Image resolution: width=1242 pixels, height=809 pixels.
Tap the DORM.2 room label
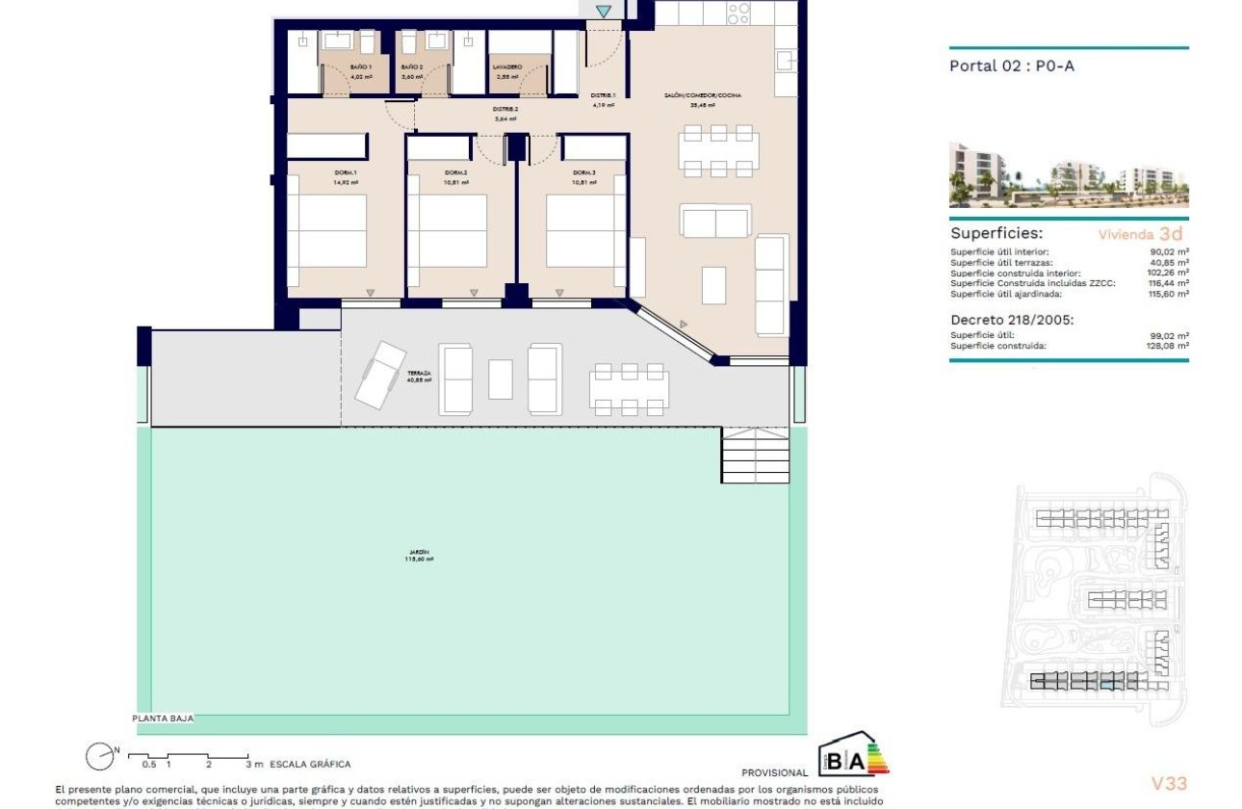tap(455, 173)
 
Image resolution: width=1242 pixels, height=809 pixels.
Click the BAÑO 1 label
tap(333, 66)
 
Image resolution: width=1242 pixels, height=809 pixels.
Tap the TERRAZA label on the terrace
tap(419, 373)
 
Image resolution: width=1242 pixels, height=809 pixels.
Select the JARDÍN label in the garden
tap(419, 554)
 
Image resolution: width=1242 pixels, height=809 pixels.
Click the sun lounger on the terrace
tap(379, 374)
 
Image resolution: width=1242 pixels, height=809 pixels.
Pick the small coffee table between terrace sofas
tap(501, 378)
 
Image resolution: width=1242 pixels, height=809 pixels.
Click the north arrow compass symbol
tap(98, 757)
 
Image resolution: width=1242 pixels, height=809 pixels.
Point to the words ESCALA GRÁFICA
tap(310, 764)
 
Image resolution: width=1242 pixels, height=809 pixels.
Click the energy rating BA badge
tap(851, 759)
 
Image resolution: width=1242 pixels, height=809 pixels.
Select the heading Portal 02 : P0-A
tap(997, 66)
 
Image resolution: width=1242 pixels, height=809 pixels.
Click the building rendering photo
tap(1069, 175)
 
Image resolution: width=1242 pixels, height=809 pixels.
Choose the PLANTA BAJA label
tap(163, 718)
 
